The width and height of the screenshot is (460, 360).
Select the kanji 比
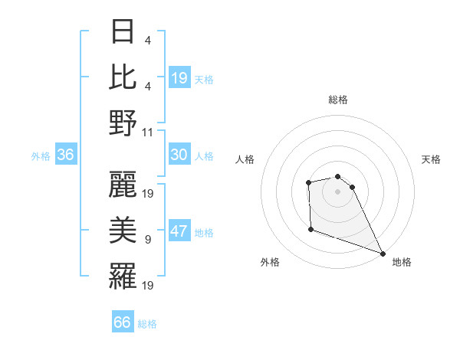(x=123, y=78)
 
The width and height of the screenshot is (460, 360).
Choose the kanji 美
(x=123, y=230)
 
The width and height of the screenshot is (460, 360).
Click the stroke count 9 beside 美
(x=147, y=240)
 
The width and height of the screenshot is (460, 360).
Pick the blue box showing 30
(x=179, y=155)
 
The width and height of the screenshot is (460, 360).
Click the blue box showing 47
(x=179, y=232)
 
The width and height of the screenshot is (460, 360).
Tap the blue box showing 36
(x=65, y=155)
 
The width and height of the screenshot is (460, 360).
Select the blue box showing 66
(x=122, y=322)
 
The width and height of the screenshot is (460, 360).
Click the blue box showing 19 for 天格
(x=179, y=77)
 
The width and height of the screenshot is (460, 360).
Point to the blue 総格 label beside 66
(x=147, y=324)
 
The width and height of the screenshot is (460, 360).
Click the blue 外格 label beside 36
(x=41, y=156)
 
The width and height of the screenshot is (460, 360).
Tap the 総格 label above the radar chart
(x=337, y=100)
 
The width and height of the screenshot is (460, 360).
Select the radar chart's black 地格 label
(x=402, y=262)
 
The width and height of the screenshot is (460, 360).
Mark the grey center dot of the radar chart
(x=337, y=191)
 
